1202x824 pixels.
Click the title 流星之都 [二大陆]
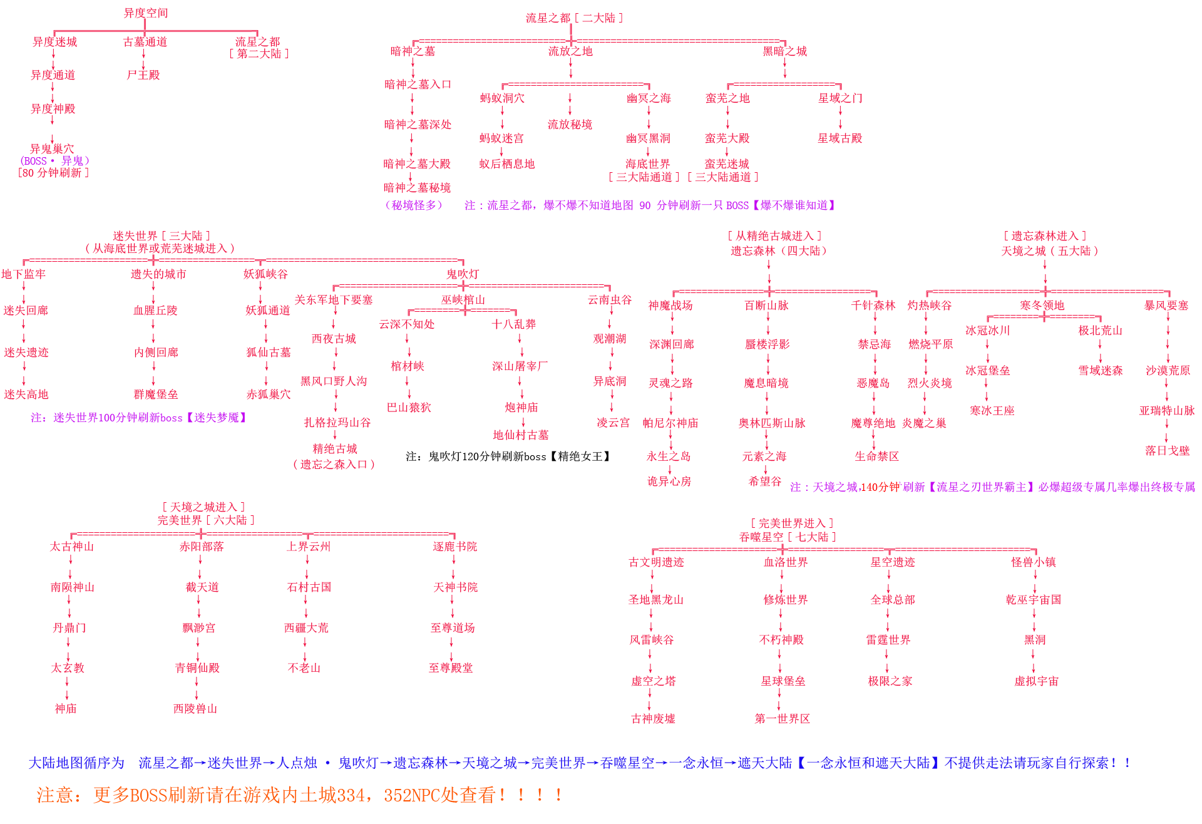coord(573,18)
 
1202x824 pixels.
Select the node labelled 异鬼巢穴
coord(52,148)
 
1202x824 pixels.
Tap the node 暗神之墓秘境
coord(417,188)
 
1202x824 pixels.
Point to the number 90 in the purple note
coord(645,205)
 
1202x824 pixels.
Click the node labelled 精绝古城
coord(335,449)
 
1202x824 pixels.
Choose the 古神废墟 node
coord(653,719)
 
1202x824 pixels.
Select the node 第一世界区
coord(782,719)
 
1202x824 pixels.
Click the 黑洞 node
coord(1034,640)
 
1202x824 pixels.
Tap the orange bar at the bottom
coord(294,795)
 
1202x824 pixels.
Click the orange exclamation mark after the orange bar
coord(558,795)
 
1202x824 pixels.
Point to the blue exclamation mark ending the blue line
coord(1128,763)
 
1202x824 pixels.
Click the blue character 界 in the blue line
coord(255,763)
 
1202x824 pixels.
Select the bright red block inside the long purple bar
coord(876,487)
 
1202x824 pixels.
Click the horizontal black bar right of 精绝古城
coord(507,456)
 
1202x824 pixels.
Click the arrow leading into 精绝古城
coord(335,435)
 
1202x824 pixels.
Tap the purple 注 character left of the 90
coord(468,205)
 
